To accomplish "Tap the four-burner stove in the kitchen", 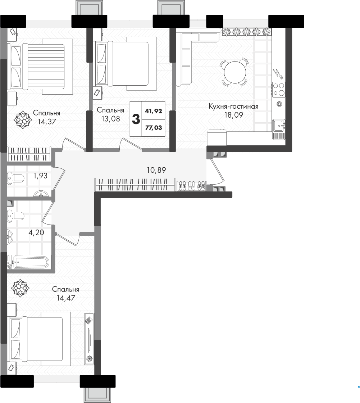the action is tap(279, 89).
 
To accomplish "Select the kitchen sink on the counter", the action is tap(279, 126).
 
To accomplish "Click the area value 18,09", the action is tap(233, 115).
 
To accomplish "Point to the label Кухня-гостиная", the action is tap(233, 106).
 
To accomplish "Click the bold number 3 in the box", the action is tap(136, 119).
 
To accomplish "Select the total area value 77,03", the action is tap(154, 128).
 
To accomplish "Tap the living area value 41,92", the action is tap(154, 111).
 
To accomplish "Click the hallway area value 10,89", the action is tap(156, 170).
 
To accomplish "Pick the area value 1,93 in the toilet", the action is tap(40, 176).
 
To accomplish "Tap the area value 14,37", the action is tap(47, 121).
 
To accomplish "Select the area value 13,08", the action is tap(110, 119).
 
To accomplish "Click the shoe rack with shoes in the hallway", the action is tap(191, 186).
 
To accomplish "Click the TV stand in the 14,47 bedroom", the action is tap(89, 339).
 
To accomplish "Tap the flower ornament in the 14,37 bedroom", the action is tap(23, 120).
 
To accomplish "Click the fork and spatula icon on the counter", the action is tap(278, 74).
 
